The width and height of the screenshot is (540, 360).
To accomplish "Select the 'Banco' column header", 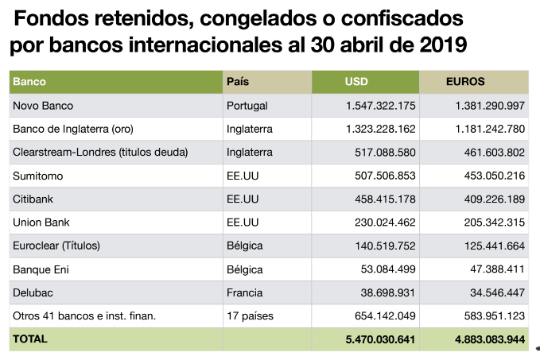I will click(29, 82).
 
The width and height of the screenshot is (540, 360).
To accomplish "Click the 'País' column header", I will click(239, 82).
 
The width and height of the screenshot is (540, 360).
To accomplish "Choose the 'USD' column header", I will click(356, 82).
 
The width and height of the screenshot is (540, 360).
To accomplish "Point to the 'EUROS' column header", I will click(465, 82).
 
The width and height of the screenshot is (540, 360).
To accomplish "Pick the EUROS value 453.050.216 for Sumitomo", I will click(489, 176).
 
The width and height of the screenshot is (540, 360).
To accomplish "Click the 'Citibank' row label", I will click(33, 199).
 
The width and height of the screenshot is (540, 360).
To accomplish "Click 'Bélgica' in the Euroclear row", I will click(245, 246).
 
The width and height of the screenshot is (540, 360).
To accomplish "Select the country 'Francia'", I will click(245, 292).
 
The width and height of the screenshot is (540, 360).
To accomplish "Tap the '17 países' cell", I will click(250, 315).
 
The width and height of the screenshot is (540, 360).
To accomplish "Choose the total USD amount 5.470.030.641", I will click(380, 339).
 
